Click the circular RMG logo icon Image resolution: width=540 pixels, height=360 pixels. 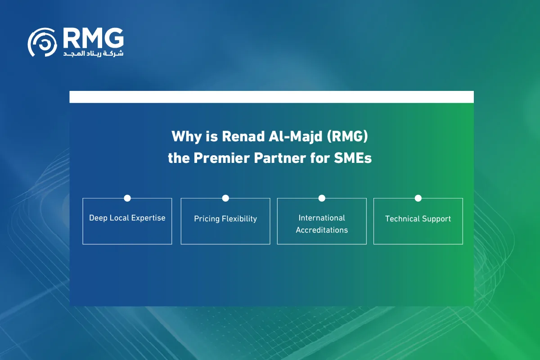(42, 42)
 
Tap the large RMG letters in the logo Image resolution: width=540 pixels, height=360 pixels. (94, 38)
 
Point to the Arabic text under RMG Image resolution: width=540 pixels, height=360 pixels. (93, 54)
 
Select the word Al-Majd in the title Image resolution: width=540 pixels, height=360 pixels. (296, 137)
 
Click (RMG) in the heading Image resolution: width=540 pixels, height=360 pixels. (347, 136)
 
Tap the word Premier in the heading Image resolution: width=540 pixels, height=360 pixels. (221, 158)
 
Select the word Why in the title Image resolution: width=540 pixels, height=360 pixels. (187, 137)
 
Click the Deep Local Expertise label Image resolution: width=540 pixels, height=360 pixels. (127, 218)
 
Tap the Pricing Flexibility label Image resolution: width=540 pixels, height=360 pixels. (225, 219)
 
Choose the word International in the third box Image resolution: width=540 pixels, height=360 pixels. (322, 218)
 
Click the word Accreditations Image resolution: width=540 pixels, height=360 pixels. (322, 230)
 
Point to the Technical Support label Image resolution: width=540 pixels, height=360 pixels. (418, 219)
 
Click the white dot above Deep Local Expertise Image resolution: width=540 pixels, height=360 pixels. (127, 198)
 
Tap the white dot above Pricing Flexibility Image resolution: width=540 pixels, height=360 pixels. (225, 198)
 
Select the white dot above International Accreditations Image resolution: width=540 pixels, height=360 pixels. (322, 198)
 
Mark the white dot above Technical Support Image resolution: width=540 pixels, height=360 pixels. (418, 198)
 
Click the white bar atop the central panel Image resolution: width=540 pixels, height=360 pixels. (271, 97)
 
